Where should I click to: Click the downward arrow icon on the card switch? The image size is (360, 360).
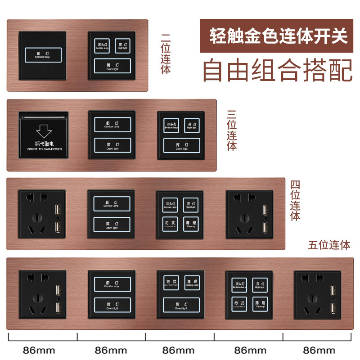pos(44,131)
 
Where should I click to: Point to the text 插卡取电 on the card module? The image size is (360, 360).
pos(44,145)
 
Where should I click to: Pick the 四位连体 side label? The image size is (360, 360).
pos(295,200)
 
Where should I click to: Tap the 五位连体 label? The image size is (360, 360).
pos(329,245)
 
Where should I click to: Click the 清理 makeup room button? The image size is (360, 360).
pos(191,283)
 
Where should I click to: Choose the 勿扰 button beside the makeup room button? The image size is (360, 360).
pos(168,283)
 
